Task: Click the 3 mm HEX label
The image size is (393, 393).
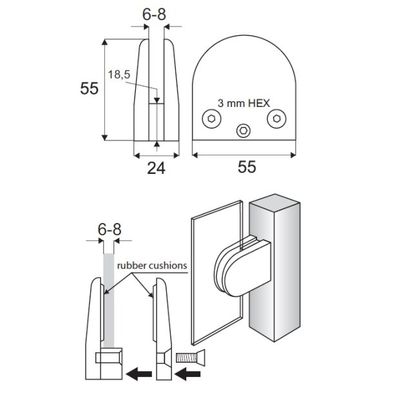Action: pos(243,103)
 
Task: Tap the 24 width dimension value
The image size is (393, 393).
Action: pos(156,168)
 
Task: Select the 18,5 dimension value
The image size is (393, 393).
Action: pos(119,75)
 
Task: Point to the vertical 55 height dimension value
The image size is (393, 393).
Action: pos(90,88)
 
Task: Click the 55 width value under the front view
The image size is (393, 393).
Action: pos(247,168)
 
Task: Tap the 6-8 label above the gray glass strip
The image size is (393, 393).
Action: pos(109,229)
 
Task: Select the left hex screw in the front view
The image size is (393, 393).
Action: pos(211,118)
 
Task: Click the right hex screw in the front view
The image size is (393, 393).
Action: pos(276,118)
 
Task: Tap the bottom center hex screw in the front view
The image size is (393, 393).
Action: pos(244,130)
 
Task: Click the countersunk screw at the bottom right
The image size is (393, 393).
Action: pos(190,356)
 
